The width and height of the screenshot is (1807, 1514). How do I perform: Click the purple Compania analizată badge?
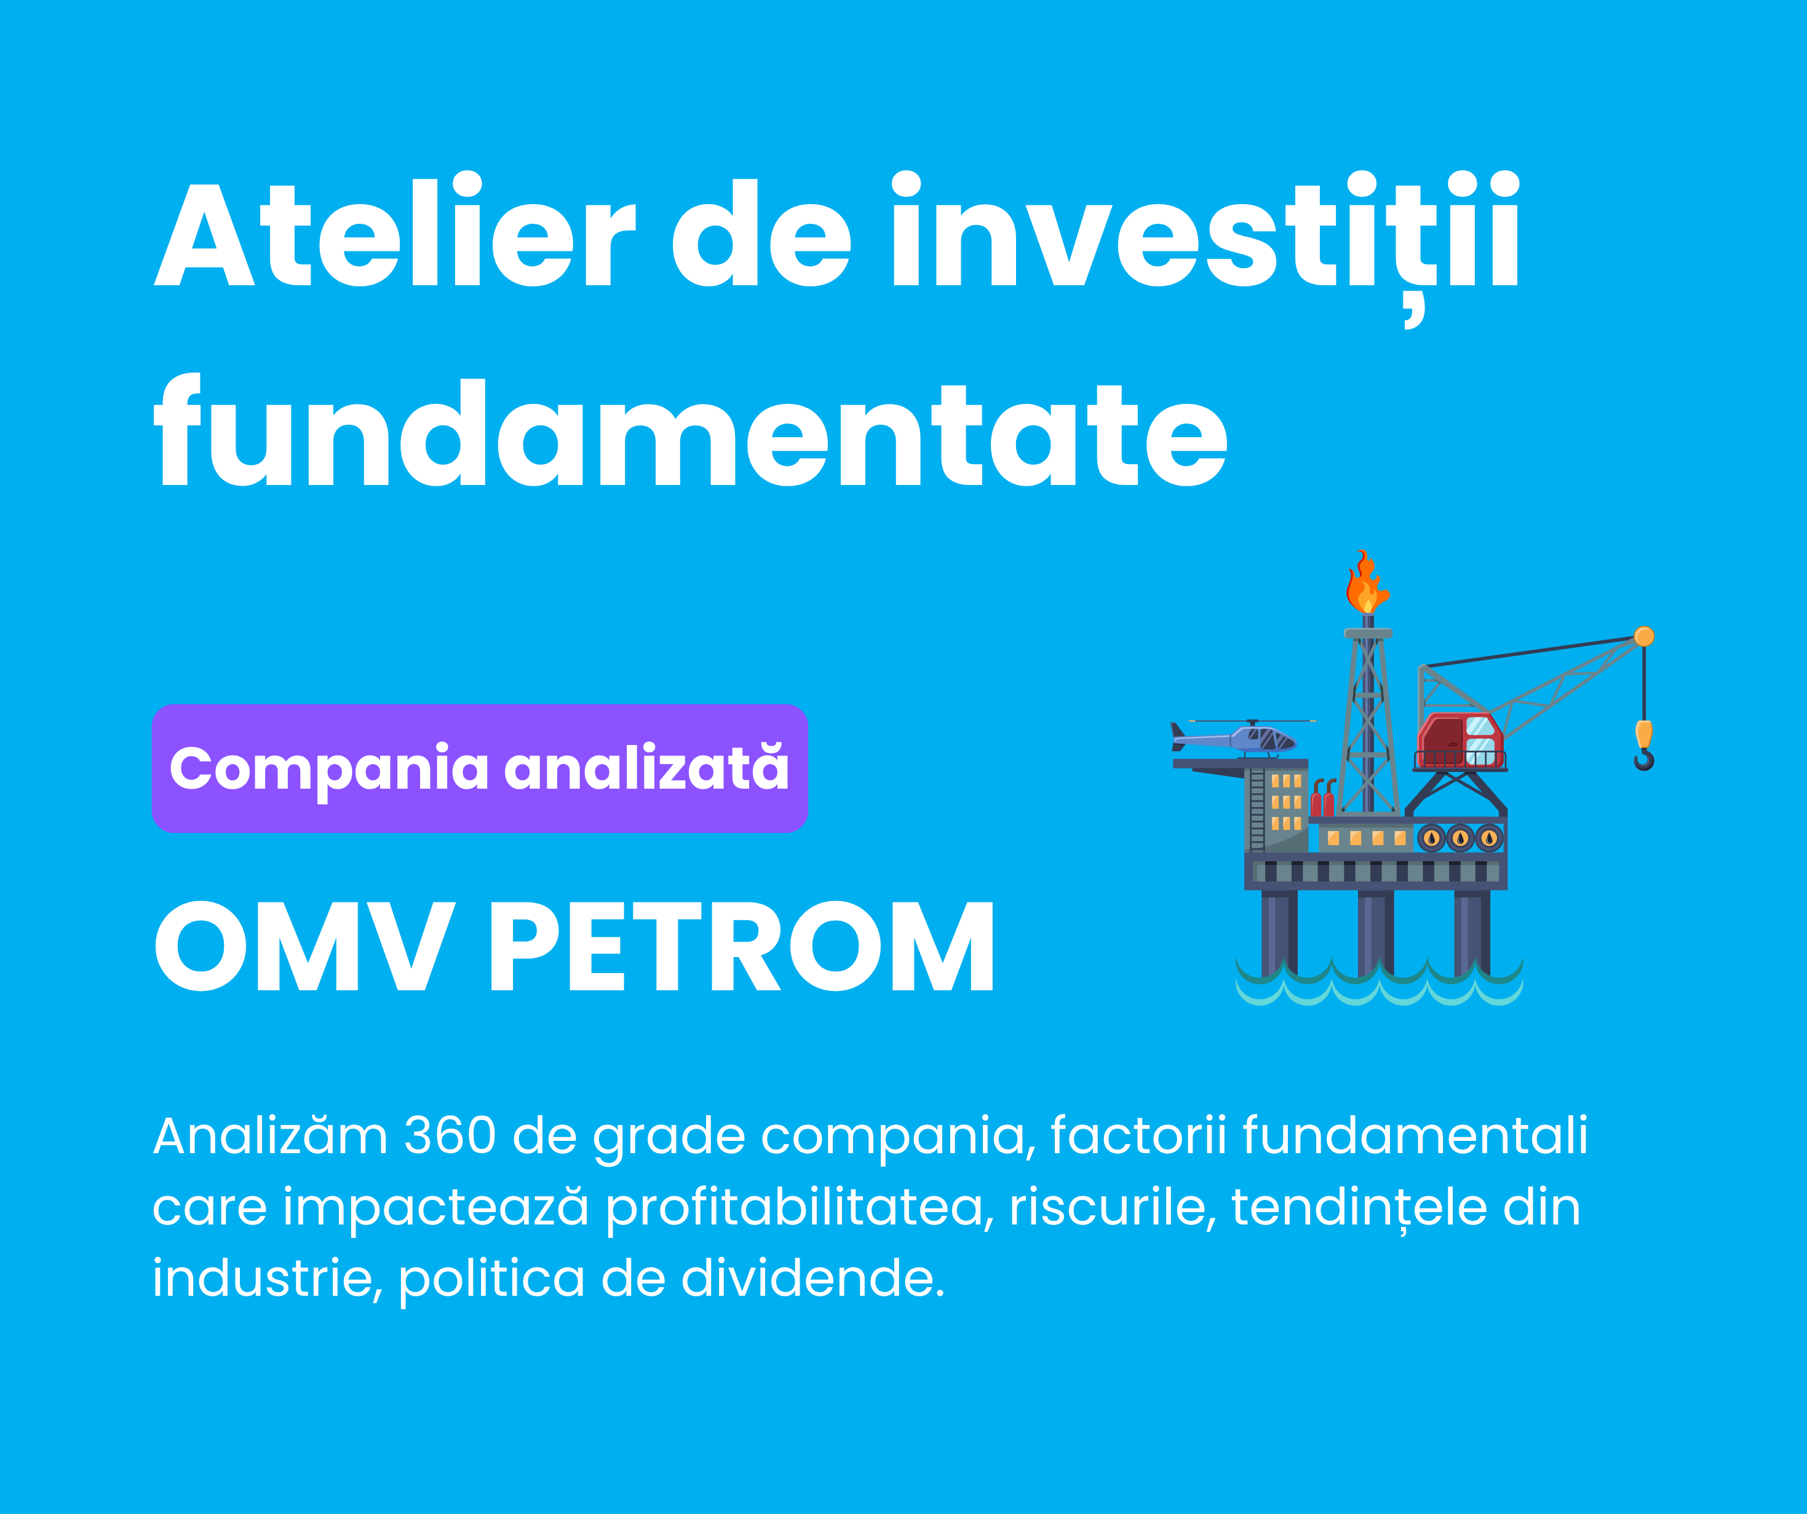click(x=479, y=768)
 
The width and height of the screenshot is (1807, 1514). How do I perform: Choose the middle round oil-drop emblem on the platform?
click(x=1460, y=838)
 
